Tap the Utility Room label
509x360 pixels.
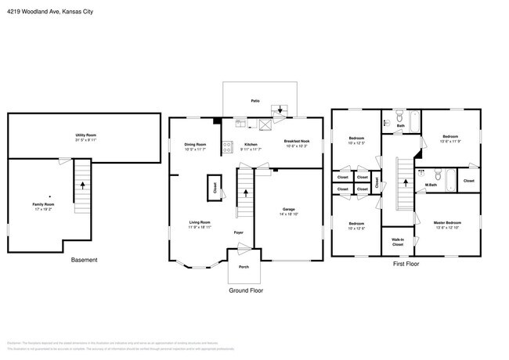click(85, 135)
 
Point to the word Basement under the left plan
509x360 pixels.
click(85, 259)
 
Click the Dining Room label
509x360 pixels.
click(195, 144)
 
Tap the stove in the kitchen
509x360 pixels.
click(228, 144)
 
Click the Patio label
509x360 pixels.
click(255, 101)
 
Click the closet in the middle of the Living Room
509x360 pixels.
click(214, 188)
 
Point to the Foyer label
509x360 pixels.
click(239, 232)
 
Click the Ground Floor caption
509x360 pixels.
click(246, 290)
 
